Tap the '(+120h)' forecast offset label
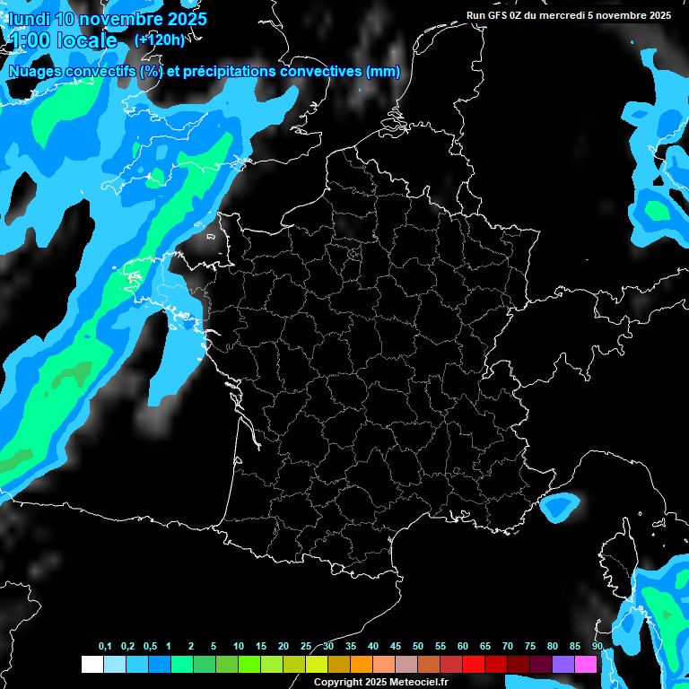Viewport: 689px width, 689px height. pyautogui.click(x=159, y=39)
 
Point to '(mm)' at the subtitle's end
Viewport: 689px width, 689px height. pyautogui.click(x=383, y=72)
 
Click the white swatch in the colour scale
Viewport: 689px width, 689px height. pyautogui.click(x=92, y=664)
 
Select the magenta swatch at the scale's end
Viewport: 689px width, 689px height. pyautogui.click(x=586, y=664)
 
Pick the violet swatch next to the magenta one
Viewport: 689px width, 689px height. pyautogui.click(x=563, y=664)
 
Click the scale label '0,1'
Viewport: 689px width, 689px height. pyautogui.click(x=105, y=646)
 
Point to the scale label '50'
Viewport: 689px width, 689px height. pyautogui.click(x=418, y=646)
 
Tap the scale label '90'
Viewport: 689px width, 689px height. pyautogui.click(x=597, y=646)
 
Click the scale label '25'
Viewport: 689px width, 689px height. pyautogui.click(x=306, y=646)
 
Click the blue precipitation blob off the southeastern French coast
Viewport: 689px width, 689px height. pyautogui.click(x=560, y=507)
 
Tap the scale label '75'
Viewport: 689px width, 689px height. pyautogui.click(x=530, y=646)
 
